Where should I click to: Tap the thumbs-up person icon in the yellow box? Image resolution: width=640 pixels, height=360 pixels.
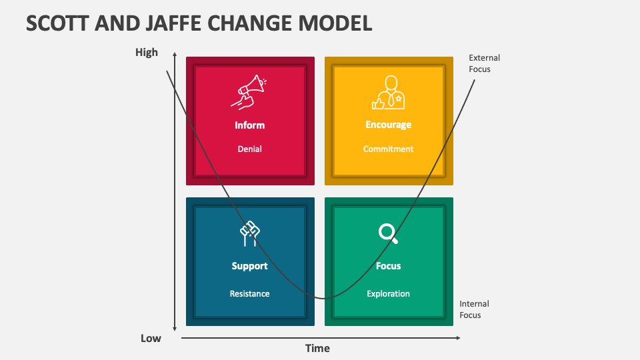point(389,92)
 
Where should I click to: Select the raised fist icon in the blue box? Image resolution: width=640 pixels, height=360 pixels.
point(249,233)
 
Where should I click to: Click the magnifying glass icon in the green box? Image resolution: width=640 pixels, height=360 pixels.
point(388,233)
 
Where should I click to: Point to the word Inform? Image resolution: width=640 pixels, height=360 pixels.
point(249,125)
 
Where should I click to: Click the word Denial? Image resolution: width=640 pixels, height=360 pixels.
point(249,149)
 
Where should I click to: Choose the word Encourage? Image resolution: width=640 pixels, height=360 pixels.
point(388,125)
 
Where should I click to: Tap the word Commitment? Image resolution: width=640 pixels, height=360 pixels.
point(388,149)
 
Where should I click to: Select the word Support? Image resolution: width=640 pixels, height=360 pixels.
point(249,266)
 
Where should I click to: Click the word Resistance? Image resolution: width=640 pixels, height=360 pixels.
point(249,293)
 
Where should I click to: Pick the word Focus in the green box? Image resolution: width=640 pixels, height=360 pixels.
point(388,266)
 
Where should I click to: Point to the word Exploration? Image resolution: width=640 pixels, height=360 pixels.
point(388,293)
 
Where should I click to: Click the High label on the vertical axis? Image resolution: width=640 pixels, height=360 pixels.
point(147,52)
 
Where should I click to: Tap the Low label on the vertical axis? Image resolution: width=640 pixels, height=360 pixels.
point(151,338)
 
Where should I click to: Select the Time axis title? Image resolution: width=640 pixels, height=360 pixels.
point(317,348)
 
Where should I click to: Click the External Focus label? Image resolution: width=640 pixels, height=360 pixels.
point(484,63)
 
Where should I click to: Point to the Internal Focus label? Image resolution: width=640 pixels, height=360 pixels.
point(474,309)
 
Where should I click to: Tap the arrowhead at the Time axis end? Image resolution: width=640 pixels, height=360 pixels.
point(457,338)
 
